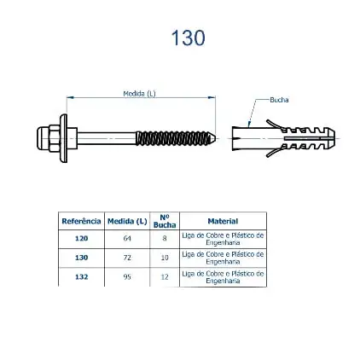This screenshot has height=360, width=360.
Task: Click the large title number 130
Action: point(188,38)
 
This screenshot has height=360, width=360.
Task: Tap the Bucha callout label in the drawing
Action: point(279,99)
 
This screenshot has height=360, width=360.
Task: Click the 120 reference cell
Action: point(81,238)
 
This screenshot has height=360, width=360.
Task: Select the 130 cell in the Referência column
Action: point(81,257)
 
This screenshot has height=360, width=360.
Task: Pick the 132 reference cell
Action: point(81,276)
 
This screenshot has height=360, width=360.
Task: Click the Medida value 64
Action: point(127,238)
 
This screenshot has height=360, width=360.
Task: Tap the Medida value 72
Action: point(127,257)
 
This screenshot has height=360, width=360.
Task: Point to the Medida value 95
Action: point(127,276)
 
